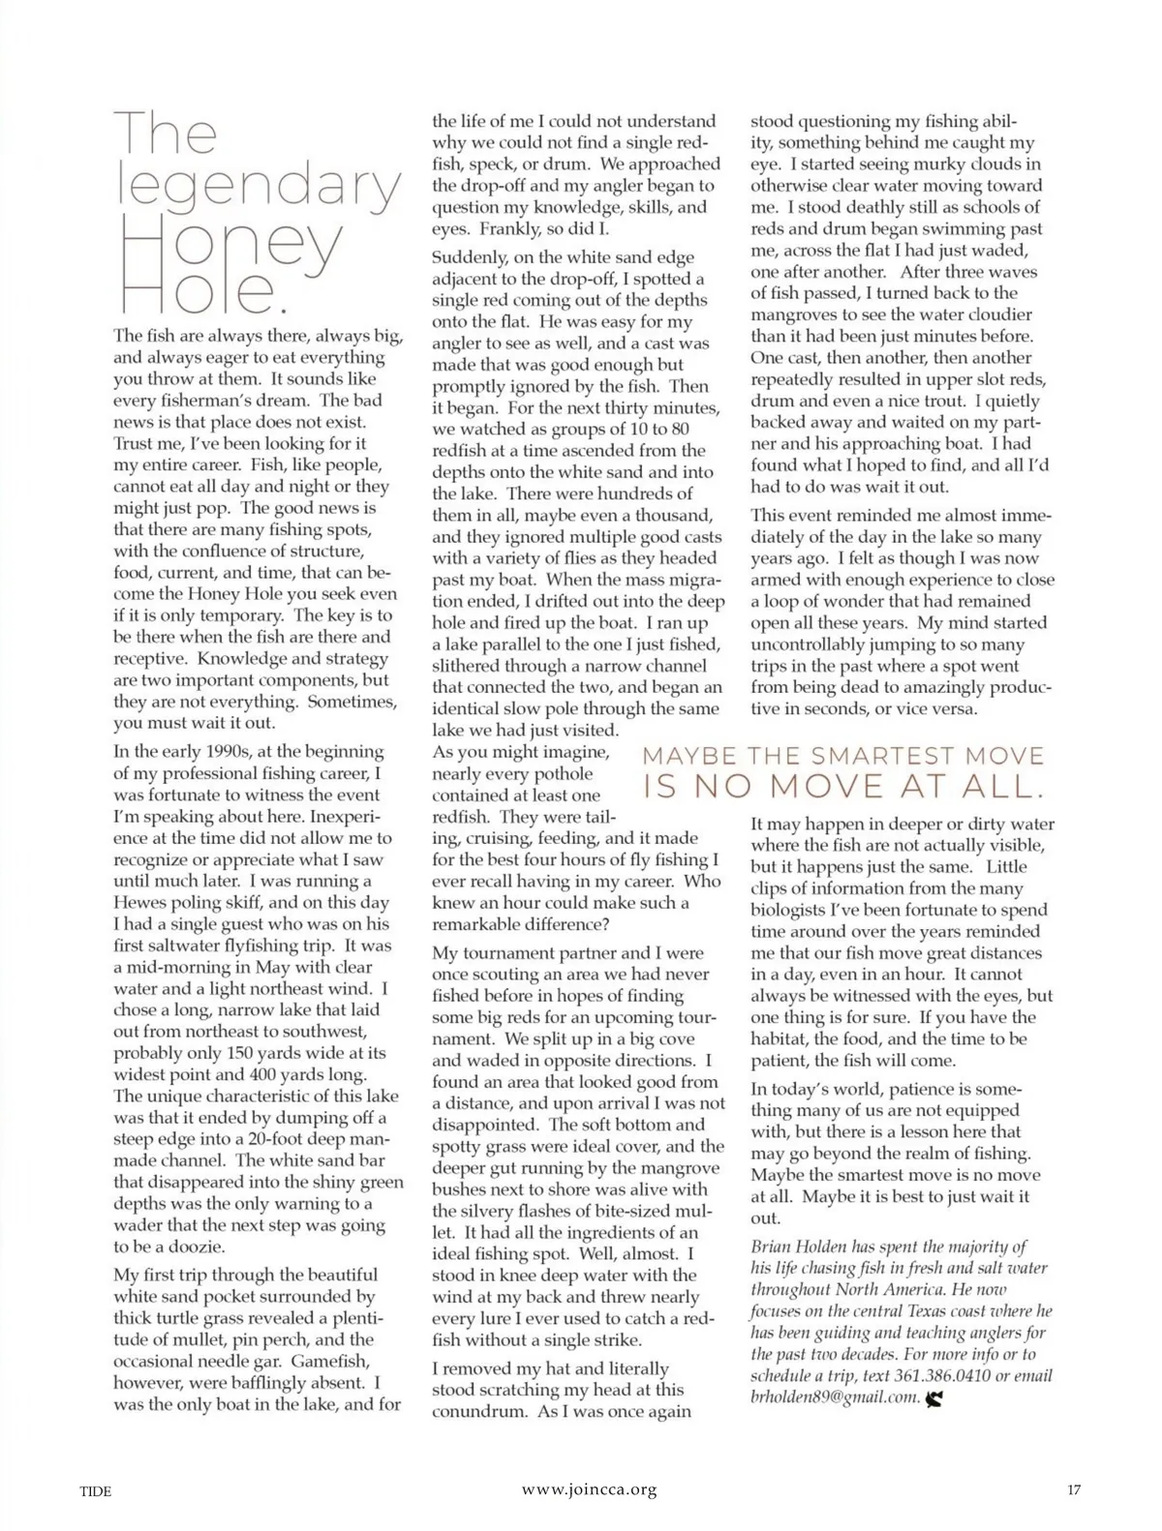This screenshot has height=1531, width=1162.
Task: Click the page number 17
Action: [x=1073, y=1490]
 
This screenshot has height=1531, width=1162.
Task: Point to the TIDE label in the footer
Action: [x=95, y=1491]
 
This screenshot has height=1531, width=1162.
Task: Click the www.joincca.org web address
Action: [x=589, y=1490]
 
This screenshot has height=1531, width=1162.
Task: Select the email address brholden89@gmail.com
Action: [x=834, y=1396]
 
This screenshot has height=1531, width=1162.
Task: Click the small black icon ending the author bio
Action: [x=934, y=1397]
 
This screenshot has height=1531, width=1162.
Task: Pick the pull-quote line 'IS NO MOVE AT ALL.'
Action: [x=843, y=788]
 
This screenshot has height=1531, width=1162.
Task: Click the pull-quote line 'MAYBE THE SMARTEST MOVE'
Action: [x=843, y=756]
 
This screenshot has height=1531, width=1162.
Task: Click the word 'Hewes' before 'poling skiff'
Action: [x=140, y=902]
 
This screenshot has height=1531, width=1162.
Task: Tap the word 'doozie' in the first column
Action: [x=190, y=1246]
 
